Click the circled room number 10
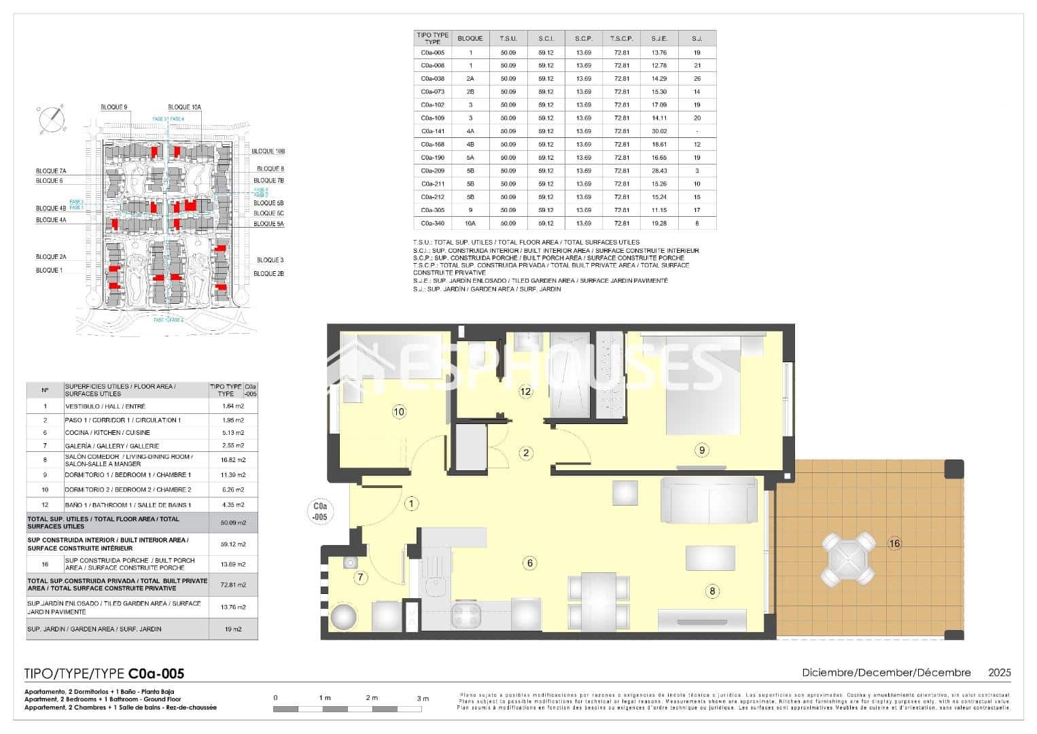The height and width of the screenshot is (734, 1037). coord(399,411)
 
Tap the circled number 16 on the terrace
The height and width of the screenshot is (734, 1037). coord(894,543)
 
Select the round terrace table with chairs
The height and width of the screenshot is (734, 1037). coord(849,559)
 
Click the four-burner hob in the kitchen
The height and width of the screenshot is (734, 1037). coord(467,615)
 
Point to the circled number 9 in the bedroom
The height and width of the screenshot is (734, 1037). coord(703,449)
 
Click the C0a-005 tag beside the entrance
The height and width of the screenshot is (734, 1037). coord(319,511)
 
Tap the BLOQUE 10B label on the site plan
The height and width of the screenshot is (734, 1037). coord(268,151)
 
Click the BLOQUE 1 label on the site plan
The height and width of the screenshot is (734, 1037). coord(48,270)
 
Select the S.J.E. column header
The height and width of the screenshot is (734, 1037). coord(658,39)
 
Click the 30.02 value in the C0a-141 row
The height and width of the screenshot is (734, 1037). coord(658,131)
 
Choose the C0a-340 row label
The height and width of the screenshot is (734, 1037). coord(432,223)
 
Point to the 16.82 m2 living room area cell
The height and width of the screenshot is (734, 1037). coord(233,460)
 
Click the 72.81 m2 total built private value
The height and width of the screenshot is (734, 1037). coord(233,584)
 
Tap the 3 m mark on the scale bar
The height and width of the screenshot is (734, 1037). coord(423,698)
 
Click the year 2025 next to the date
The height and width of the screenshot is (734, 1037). coord(999,673)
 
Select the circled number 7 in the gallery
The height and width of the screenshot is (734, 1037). coord(361,578)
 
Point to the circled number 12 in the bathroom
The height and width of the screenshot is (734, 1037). coord(525,391)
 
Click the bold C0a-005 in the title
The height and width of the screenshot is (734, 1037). coord(156,674)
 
